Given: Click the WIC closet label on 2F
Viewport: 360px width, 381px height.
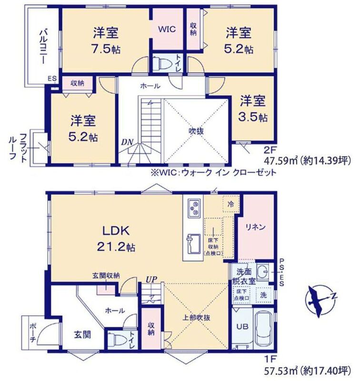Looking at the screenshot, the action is click(167, 29).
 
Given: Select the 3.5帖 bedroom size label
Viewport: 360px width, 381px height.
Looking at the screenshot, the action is click(253, 117).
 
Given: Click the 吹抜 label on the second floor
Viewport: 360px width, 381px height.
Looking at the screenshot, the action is click(196, 131).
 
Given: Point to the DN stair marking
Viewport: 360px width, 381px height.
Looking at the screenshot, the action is click(127, 142).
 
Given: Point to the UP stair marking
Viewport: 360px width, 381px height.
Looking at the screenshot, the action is click(151, 280).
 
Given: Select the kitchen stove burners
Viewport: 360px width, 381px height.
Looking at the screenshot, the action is click(194, 208).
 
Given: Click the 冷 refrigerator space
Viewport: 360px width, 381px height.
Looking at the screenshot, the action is click(231, 204).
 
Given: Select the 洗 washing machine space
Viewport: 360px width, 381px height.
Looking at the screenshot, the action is click(263, 295).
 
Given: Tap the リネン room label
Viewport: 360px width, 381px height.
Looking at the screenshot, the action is click(256, 227).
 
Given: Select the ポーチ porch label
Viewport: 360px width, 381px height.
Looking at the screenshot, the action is click(33, 332).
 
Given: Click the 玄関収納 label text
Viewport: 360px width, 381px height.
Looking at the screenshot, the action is click(106, 275).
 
